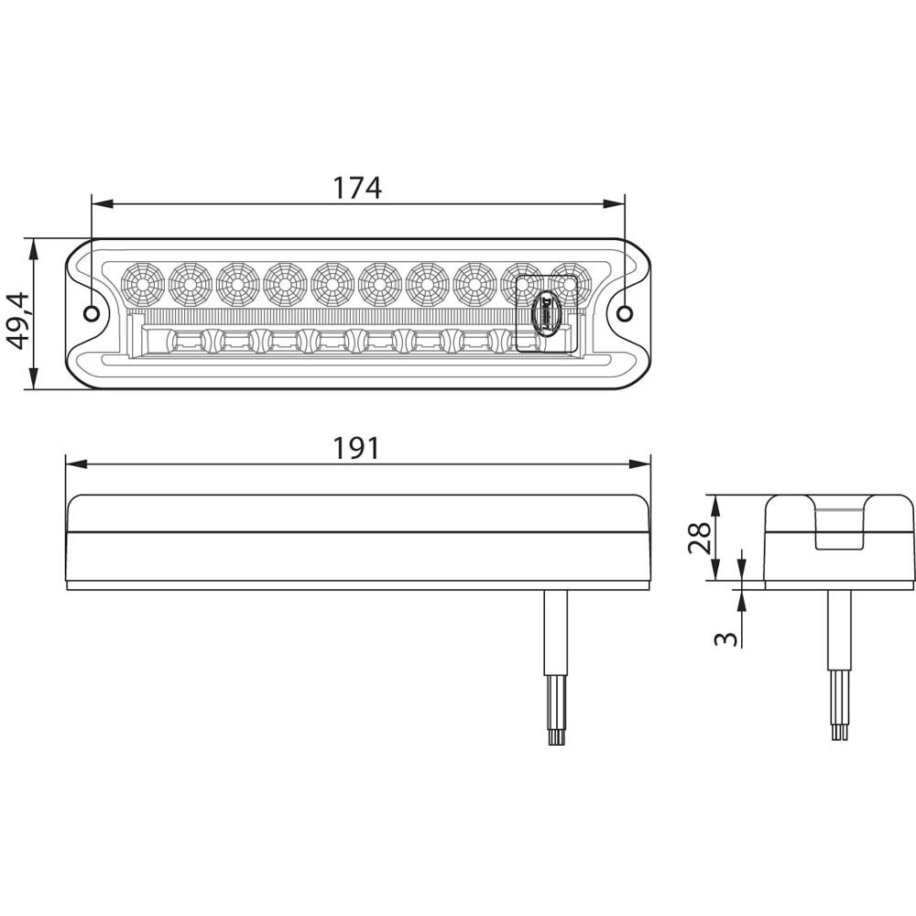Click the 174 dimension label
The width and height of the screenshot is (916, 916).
[356, 188]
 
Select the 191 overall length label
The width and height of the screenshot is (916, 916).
[356, 448]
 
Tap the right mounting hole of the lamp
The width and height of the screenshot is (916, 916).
[624, 314]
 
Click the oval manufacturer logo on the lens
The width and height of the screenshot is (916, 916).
[546, 311]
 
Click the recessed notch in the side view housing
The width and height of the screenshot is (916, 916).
[839, 529]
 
